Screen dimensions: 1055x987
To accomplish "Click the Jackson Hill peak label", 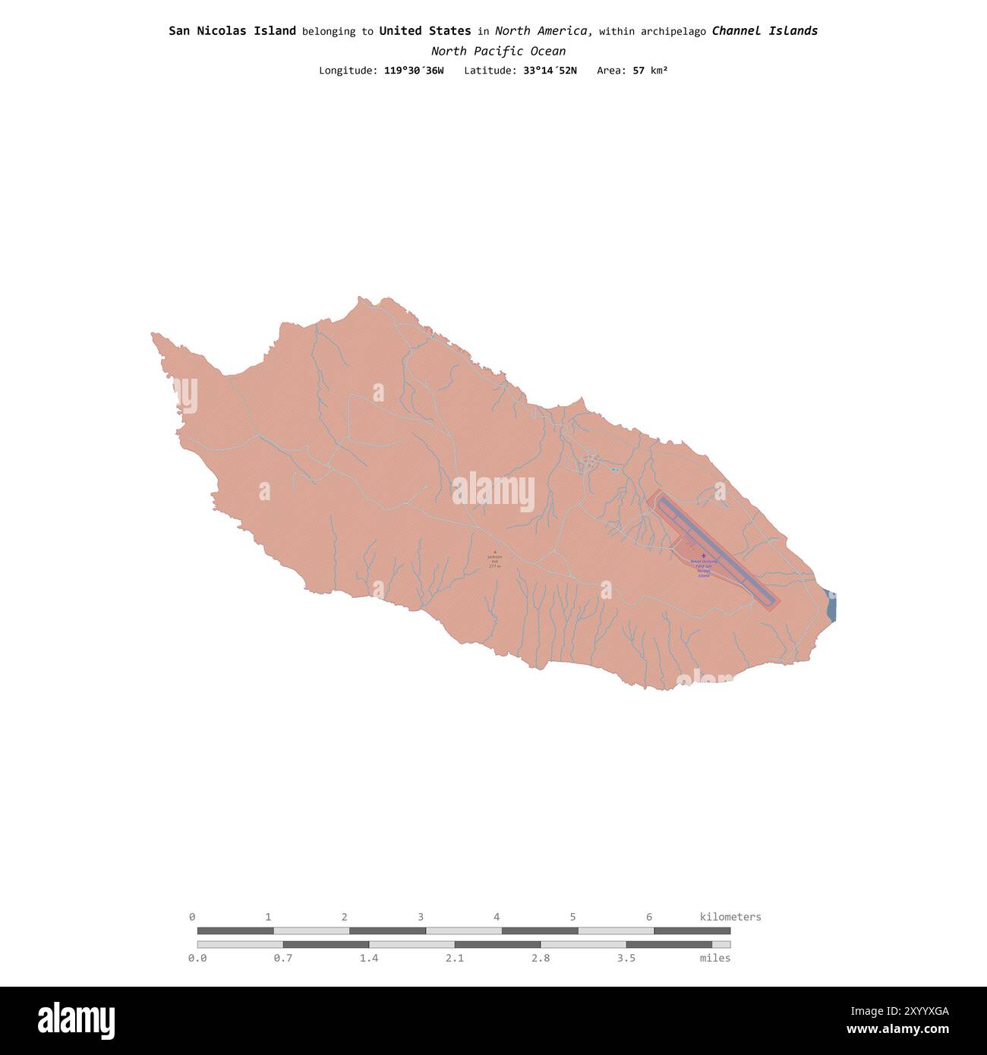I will pyautogui.click(x=494, y=561).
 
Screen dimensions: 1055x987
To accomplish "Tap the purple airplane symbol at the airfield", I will pyautogui.click(x=703, y=556).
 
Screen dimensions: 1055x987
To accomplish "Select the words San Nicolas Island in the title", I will pyautogui.click(x=232, y=31).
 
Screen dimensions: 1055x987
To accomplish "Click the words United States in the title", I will pyautogui.click(x=425, y=31).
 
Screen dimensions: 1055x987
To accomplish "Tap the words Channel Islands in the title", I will pyautogui.click(x=765, y=31).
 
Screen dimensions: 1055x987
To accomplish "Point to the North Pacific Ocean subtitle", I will pyautogui.click(x=498, y=51).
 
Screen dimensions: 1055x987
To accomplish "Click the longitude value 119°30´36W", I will pyautogui.click(x=414, y=71).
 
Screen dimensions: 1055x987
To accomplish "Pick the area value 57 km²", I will pyautogui.click(x=650, y=71).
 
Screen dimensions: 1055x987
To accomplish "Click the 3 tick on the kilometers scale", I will pyautogui.click(x=421, y=917).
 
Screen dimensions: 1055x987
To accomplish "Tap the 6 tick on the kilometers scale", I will pyautogui.click(x=649, y=917).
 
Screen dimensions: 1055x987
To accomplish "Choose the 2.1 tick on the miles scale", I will pyautogui.click(x=455, y=958).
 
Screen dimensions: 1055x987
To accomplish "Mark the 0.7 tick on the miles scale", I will pyautogui.click(x=283, y=958).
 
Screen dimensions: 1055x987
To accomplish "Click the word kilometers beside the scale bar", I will pyautogui.click(x=730, y=917).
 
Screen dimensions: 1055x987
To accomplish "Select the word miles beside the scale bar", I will pyautogui.click(x=715, y=958).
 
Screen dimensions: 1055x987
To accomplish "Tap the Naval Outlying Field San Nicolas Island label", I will pyautogui.click(x=702, y=568).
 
